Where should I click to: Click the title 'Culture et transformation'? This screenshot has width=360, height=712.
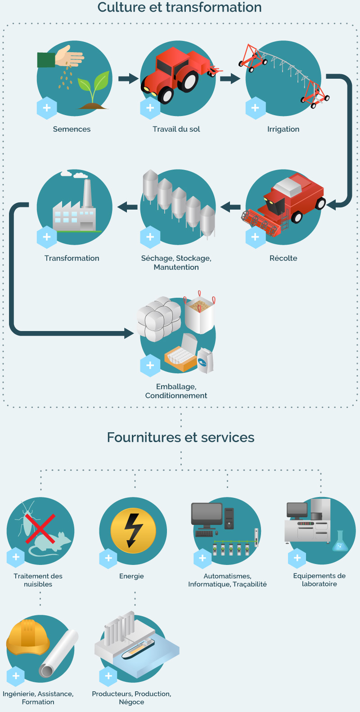click(x=180, y=7)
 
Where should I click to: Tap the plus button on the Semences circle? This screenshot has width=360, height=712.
click(x=47, y=108)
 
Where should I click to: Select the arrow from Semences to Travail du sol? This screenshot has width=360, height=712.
click(x=129, y=78)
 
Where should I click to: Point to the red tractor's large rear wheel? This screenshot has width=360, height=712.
click(x=188, y=81)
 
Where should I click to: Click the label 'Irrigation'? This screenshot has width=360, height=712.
click(x=283, y=129)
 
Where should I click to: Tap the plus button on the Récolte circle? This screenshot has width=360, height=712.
click(x=255, y=237)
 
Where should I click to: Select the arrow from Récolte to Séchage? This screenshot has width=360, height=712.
click(x=230, y=207)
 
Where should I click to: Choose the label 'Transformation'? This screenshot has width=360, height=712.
click(x=72, y=258)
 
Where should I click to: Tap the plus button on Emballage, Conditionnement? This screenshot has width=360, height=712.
click(x=150, y=366)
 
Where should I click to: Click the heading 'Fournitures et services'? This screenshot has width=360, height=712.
click(x=180, y=437)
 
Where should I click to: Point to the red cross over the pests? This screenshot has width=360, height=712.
click(x=40, y=529)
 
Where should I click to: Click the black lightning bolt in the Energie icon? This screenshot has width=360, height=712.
click(x=132, y=530)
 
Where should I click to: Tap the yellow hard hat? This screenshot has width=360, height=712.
click(x=28, y=637)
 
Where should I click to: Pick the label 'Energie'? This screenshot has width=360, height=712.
click(x=131, y=576)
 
